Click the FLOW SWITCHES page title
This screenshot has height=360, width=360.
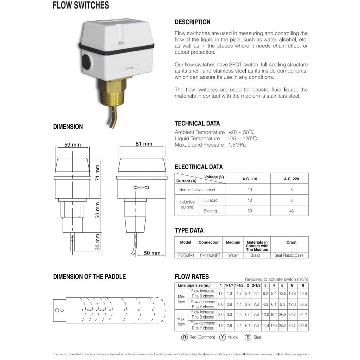pyautogui.click(x=81, y=6)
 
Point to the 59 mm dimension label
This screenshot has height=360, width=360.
pyautogui.click(x=73, y=144)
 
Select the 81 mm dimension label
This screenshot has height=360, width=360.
pyautogui.click(x=143, y=143)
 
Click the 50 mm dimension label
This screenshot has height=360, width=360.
pyautogui.click(x=152, y=253)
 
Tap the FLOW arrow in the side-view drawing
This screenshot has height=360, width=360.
pyautogui.click(x=141, y=187)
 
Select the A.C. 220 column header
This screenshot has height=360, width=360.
pyautogui.click(x=291, y=179)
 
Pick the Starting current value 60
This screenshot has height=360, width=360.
pyautogui.click(x=250, y=211)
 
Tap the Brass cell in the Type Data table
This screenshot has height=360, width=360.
pyautogui.click(x=255, y=255)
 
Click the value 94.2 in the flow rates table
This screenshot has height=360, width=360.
pyautogui.click(x=303, y=315)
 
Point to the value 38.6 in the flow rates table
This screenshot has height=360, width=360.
pyautogui.click(x=303, y=304)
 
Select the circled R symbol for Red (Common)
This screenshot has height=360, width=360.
pyautogui.click(x=185, y=337)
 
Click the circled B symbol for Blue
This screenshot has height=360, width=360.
pyautogui.click(x=248, y=337)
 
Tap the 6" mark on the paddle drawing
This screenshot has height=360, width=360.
pyautogui.click(x=153, y=310)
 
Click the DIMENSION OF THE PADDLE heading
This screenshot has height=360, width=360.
pyautogui.click(x=89, y=277)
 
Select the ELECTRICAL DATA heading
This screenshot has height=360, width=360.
pyautogui.click(x=199, y=167)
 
